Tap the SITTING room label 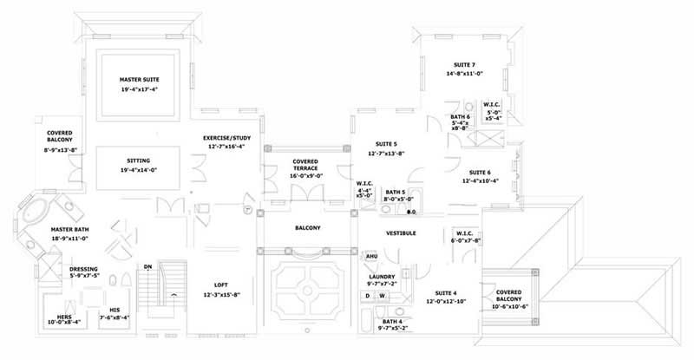(x=138, y=161)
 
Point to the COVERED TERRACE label (x=304, y=164)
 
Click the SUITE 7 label (x=466, y=64)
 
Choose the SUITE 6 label (x=481, y=172)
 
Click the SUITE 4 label (x=443, y=291)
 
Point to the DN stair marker (x=148, y=266)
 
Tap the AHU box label (x=371, y=257)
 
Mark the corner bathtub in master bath (x=37, y=212)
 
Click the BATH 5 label (x=396, y=192)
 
